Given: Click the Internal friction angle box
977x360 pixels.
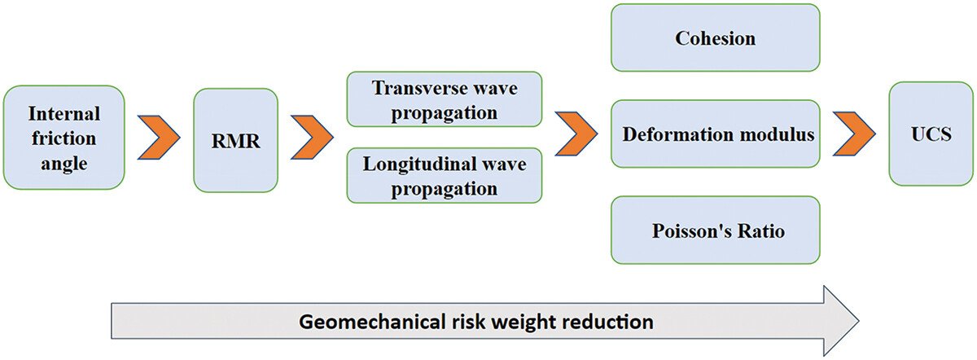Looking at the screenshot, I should coord(64,138).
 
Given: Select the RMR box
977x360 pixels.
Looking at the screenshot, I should coord(235,140).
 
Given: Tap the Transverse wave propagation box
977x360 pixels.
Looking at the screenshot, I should coord(444,99).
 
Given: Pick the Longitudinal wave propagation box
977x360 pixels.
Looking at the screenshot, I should coord(444,176).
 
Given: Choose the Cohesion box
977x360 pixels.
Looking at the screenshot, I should coord(715,37).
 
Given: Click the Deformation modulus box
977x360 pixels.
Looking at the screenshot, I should coord(715,134).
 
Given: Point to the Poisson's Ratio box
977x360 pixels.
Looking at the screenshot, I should coord(715,230).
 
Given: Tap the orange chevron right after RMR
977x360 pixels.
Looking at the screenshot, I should coord(311,135).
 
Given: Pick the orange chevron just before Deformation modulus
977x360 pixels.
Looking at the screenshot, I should coord(577,133).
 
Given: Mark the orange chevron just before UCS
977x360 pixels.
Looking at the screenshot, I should coord(853,133).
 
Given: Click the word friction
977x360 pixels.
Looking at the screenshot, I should coord(64,138).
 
